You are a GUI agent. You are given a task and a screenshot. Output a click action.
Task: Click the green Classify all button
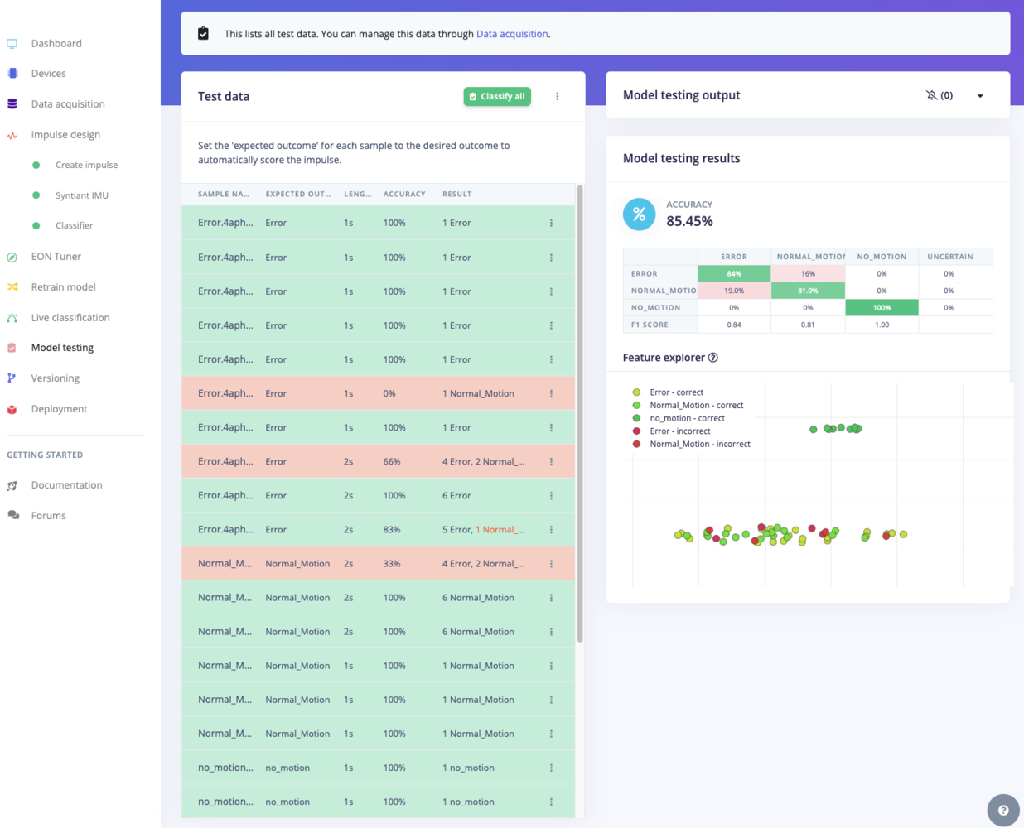[x=497, y=96]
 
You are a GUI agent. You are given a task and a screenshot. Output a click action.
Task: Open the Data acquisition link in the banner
[x=512, y=34]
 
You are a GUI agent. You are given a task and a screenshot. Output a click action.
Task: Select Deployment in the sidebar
[x=59, y=409]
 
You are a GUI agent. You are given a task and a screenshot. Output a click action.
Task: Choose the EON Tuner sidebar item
[x=56, y=257]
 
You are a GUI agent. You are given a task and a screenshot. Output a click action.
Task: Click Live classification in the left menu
[x=70, y=318]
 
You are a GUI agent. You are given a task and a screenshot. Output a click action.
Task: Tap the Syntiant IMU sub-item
[x=81, y=195]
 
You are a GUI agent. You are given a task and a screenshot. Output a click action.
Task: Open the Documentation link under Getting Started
[x=66, y=485]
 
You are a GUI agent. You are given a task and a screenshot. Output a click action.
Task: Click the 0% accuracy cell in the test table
[x=389, y=394]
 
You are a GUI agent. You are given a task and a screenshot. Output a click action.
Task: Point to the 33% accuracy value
[x=393, y=564]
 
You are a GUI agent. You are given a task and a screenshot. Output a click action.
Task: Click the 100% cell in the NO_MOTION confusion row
[x=882, y=308]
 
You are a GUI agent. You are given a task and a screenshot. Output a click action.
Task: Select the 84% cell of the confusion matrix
[x=734, y=274]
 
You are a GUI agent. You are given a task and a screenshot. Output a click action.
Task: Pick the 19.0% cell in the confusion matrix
[x=734, y=291]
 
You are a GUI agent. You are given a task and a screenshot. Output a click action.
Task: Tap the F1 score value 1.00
[x=882, y=325]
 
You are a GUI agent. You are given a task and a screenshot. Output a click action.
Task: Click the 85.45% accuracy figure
[x=689, y=221]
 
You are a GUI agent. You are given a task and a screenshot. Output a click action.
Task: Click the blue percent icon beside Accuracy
[x=639, y=214]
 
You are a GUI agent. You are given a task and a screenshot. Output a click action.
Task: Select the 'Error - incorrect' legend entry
[x=679, y=431]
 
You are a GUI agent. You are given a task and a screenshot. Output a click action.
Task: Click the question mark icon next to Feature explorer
[x=713, y=358]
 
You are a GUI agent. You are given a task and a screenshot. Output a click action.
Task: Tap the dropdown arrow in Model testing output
[x=980, y=96]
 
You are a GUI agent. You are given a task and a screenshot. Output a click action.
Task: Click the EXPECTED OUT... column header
[x=297, y=194]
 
